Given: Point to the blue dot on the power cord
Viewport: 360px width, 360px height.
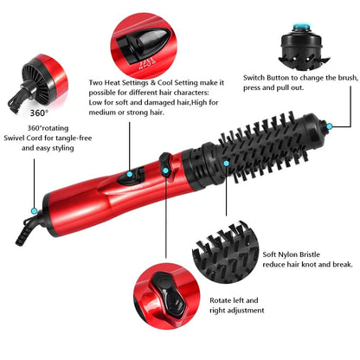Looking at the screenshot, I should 34,210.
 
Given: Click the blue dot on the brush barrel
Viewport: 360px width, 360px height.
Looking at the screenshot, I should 227,161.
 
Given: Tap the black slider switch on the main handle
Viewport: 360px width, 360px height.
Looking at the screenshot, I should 126,178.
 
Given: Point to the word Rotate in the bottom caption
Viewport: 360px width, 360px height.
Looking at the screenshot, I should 220,299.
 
